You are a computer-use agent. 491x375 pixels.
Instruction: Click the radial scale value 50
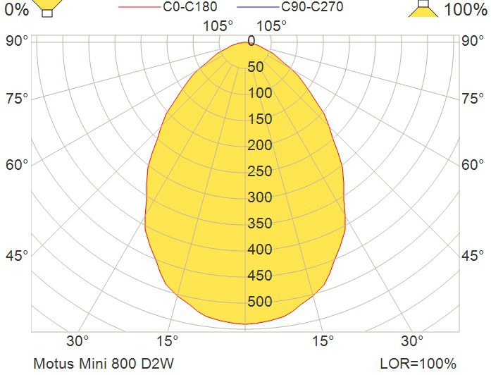[256, 67]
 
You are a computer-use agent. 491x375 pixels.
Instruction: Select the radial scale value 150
[260, 119]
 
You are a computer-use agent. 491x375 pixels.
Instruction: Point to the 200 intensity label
[260, 145]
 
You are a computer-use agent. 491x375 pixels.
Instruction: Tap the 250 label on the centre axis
[260, 171]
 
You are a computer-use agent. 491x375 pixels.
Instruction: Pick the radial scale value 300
[260, 197]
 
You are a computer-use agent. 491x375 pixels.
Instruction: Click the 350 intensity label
[260, 223]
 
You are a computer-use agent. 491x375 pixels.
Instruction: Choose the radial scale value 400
[260, 249]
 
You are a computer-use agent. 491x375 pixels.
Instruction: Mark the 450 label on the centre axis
[260, 276]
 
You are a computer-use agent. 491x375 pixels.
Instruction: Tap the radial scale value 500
[260, 302]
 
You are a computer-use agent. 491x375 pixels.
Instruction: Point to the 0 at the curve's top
[251, 41]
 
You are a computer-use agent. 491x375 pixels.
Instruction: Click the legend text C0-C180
[189, 6]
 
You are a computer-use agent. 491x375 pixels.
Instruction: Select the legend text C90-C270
[312, 6]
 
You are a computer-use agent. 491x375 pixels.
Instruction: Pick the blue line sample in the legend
[258, 7]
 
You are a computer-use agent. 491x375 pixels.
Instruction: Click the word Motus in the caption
[54, 364]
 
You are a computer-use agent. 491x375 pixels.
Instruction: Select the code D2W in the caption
[158, 364]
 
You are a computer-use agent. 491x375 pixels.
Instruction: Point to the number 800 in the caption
[124, 364]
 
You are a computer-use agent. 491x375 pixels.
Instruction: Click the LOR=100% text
[418, 364]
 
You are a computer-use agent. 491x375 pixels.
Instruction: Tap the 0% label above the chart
[17, 9]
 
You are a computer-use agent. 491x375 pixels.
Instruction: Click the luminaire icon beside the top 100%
[423, 8]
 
